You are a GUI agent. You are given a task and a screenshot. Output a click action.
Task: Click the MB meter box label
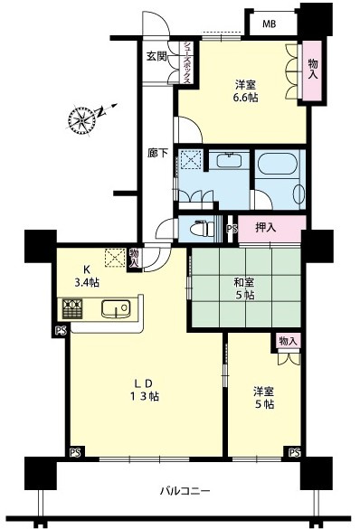click(x=270, y=24)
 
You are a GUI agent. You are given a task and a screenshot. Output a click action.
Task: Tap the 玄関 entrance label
click(x=156, y=56)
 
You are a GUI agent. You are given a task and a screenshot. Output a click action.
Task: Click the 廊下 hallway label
click(x=158, y=153)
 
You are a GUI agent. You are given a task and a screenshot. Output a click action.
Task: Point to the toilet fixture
click(x=202, y=229)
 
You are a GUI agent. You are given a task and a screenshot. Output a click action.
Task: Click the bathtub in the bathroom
click(x=278, y=164)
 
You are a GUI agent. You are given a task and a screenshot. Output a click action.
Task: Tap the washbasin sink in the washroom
click(x=230, y=160)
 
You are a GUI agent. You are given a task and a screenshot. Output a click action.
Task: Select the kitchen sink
click(x=116, y=308)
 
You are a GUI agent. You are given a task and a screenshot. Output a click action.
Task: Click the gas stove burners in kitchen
click(x=71, y=308)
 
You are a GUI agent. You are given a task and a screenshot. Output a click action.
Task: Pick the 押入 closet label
click(x=266, y=228)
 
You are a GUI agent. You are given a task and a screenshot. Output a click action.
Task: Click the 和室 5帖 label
click(x=244, y=288)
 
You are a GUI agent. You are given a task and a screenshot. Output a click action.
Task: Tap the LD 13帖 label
click(x=146, y=390)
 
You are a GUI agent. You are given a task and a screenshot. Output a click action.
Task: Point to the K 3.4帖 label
click(x=87, y=277)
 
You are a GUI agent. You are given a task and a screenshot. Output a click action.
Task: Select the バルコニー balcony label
click(x=185, y=490)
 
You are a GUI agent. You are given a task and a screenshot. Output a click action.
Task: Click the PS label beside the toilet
click(x=232, y=229)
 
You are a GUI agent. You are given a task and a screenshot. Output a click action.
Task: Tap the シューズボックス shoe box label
click(x=187, y=63)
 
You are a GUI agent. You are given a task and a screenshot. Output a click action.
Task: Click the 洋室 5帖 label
click(x=263, y=398)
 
